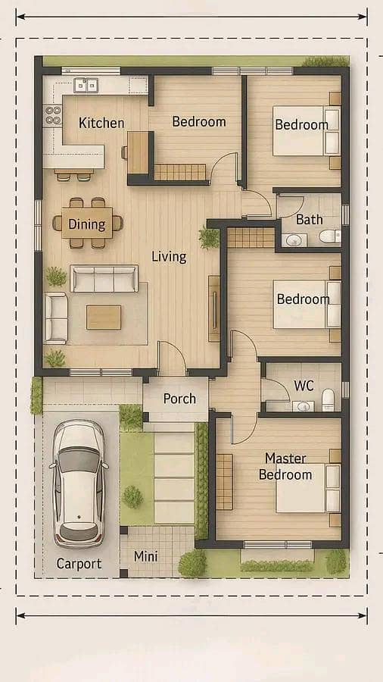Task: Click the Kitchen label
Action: click(x=101, y=123)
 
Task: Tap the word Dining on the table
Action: click(x=87, y=224)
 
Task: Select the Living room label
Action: click(x=169, y=257)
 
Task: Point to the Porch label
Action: click(x=179, y=399)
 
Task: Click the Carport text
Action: click(x=79, y=564)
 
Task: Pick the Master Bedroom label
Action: click(x=285, y=466)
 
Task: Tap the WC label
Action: click(x=304, y=386)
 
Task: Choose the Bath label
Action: click(x=309, y=219)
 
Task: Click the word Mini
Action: click(x=145, y=556)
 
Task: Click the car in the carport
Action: click(x=79, y=483)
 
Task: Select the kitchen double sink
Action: click(x=86, y=85)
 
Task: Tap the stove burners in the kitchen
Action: click(x=53, y=114)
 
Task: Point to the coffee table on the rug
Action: click(x=104, y=317)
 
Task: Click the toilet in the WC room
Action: click(x=328, y=400)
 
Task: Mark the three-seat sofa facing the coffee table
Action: click(x=104, y=278)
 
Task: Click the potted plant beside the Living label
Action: click(x=210, y=237)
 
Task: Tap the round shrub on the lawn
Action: click(x=132, y=496)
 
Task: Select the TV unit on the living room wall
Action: click(x=214, y=308)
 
